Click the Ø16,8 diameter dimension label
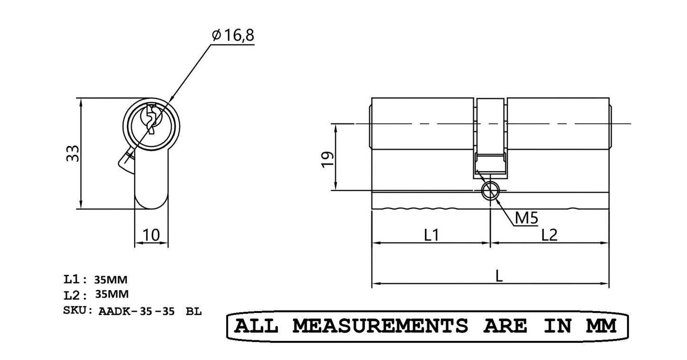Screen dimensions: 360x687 [233, 36]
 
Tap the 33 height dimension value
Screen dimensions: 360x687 [73, 154]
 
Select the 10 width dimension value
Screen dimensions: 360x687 [151, 234]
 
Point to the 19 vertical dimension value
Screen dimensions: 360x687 [327, 158]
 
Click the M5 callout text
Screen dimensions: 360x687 [526, 218]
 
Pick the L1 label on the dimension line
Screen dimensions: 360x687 [431, 234]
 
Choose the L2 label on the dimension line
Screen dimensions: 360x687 [549, 234]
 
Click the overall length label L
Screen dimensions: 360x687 [499, 276]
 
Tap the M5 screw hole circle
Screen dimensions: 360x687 [490, 191]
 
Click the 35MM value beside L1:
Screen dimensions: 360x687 [111, 279]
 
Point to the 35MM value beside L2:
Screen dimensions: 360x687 [112, 294]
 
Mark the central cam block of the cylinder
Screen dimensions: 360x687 [491, 138]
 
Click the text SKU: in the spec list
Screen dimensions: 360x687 [78, 311]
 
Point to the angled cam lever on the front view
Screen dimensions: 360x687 [126, 162]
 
